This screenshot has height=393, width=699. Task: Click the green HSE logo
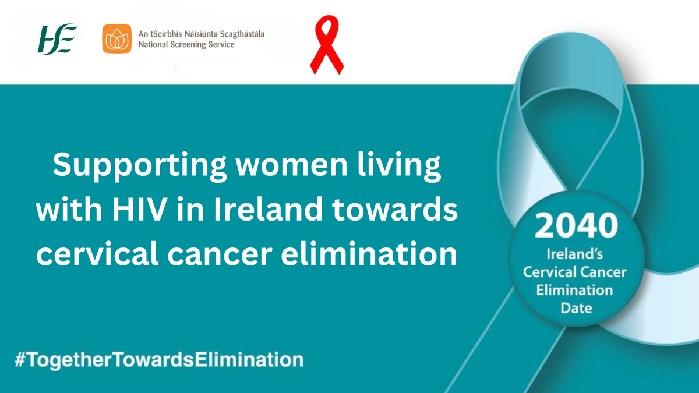57,39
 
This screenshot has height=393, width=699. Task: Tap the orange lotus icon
117,39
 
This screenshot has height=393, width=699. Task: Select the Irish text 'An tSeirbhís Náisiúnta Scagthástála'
201,34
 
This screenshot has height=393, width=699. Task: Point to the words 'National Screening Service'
186,45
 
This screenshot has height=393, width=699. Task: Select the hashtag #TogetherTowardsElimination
158,359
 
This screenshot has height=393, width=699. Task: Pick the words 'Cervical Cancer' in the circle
575,272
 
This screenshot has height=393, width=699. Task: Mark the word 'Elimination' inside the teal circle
576,290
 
